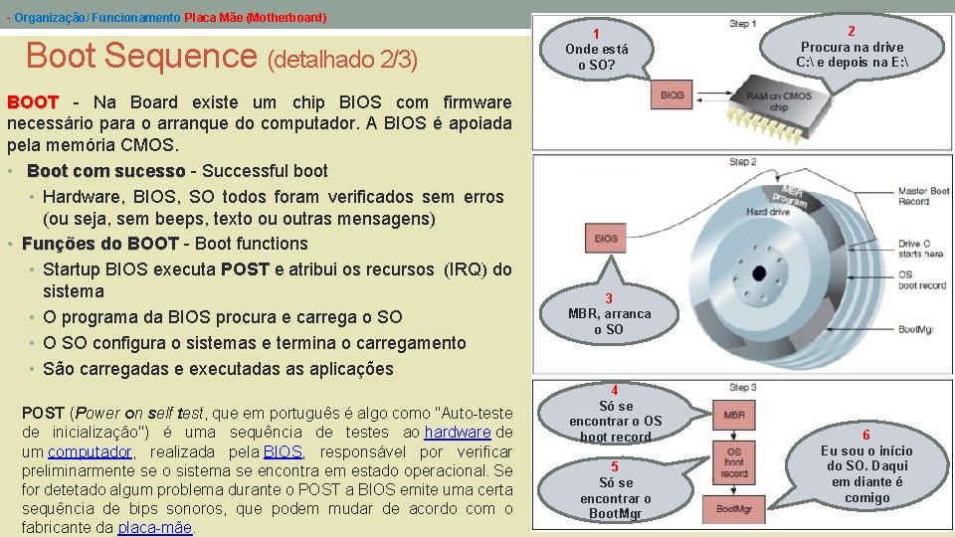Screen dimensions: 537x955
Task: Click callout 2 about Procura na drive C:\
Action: (852, 47)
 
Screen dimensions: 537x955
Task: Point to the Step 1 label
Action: (742, 23)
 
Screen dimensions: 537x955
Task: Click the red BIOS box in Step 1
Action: (671, 94)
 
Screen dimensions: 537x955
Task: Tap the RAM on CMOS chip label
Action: (779, 101)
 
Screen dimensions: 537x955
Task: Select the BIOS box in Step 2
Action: (606, 239)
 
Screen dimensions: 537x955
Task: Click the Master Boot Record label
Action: (923, 196)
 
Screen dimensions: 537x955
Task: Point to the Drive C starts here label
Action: (920, 249)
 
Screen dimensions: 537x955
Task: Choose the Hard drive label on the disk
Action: (767, 212)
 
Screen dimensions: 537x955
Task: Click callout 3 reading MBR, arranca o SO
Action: (609, 313)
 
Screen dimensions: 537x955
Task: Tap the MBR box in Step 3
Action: (733, 414)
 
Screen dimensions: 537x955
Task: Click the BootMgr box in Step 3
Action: (733, 509)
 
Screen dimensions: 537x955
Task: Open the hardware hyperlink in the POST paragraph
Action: (457, 432)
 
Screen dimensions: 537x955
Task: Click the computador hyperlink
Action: (90, 450)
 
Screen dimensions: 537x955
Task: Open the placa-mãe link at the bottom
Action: (155, 527)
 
